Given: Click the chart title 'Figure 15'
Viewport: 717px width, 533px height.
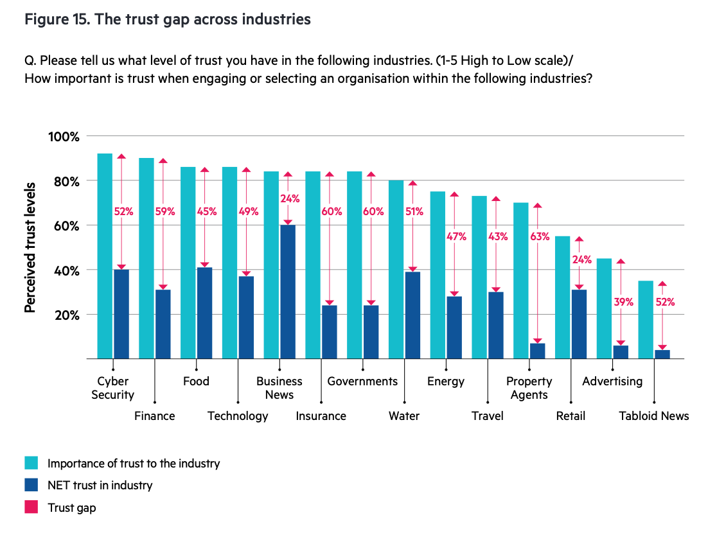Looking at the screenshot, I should pyautogui.click(x=167, y=20).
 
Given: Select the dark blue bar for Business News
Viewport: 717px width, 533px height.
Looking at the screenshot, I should pyautogui.click(x=288, y=292).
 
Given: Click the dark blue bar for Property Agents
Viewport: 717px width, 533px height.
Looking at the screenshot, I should pyautogui.click(x=538, y=351).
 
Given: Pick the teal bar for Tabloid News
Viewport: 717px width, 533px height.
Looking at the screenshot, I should pyautogui.click(x=646, y=319).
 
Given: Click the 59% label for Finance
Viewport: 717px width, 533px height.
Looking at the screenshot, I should pyautogui.click(x=164, y=212).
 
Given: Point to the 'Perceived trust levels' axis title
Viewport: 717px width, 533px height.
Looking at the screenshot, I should pyautogui.click(x=30, y=247).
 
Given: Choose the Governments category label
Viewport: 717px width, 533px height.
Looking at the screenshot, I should pyautogui.click(x=362, y=381).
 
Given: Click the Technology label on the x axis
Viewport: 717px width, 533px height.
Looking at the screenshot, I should pyautogui.click(x=238, y=416).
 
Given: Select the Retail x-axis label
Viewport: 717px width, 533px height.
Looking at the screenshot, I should pyautogui.click(x=571, y=416).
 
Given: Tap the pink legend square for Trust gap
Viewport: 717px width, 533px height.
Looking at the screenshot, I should pyautogui.click(x=31, y=507).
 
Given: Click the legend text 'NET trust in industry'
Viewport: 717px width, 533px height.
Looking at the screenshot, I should pyautogui.click(x=100, y=485).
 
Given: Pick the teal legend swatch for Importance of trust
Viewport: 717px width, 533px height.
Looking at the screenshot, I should pyautogui.click(x=31, y=463).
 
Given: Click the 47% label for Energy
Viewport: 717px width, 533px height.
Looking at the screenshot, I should pyautogui.click(x=457, y=236).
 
